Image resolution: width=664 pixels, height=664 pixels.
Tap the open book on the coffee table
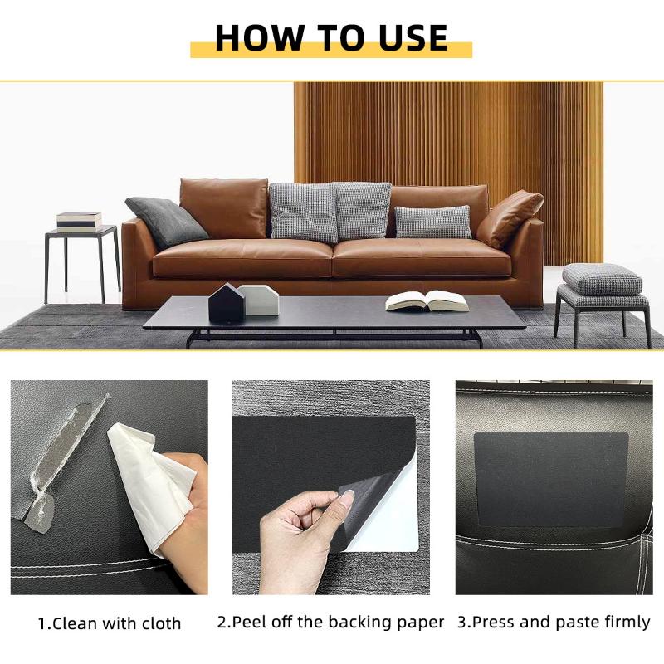pyautogui.click(x=427, y=300)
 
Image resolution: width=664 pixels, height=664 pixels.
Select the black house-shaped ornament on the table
pyautogui.click(x=226, y=304)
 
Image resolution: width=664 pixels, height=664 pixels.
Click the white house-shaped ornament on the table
pyautogui.click(x=260, y=300)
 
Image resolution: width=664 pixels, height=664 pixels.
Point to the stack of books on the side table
pyautogui.click(x=79, y=221)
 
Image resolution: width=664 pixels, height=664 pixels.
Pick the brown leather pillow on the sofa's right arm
pyautogui.click(x=509, y=218)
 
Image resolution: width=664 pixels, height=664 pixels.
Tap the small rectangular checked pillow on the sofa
pyautogui.click(x=432, y=222)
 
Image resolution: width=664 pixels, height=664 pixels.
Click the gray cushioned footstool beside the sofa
pyautogui.click(x=602, y=281)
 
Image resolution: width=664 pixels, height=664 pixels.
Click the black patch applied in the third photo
pyautogui.click(x=550, y=479)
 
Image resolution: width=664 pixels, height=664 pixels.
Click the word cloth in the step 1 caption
pyautogui.click(x=159, y=622)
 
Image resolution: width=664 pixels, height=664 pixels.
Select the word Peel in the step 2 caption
pyautogui.click(x=250, y=622)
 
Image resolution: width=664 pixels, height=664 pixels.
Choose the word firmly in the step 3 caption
pyautogui.click(x=622, y=622)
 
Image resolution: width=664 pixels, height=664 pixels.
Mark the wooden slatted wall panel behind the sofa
pyautogui.click(x=448, y=133)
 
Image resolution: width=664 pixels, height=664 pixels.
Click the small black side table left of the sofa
pyautogui.click(x=83, y=257)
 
